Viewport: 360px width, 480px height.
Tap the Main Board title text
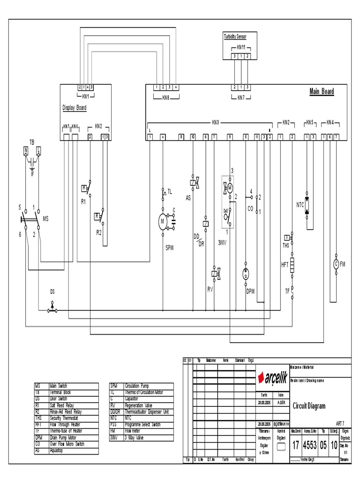(x=322, y=91)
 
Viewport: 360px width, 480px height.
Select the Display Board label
(x=75, y=107)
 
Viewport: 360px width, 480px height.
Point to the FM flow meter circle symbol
(x=336, y=264)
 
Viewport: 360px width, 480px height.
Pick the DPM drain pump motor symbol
(x=246, y=274)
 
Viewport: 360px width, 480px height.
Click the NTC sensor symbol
(x=307, y=205)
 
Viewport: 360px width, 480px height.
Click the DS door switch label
(x=52, y=292)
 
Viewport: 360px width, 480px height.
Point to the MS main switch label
(x=45, y=218)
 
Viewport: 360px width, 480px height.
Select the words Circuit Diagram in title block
(x=309, y=406)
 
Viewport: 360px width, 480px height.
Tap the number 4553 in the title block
(x=310, y=445)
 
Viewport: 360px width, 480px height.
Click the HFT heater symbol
(x=292, y=265)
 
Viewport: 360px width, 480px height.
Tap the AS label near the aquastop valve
(x=188, y=198)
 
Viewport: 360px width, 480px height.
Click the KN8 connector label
(x=165, y=97)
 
